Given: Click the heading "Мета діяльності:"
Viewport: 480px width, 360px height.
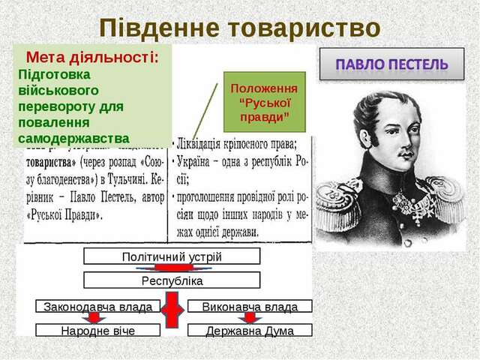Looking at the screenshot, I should tap(93, 58).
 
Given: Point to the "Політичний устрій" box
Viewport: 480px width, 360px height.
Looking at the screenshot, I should tap(172, 256).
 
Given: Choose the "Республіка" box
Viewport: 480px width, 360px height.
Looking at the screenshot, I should tap(172, 280).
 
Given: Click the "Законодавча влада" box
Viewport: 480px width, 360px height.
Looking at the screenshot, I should tap(98, 306).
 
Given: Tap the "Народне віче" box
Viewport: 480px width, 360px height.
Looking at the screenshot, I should tap(98, 330).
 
